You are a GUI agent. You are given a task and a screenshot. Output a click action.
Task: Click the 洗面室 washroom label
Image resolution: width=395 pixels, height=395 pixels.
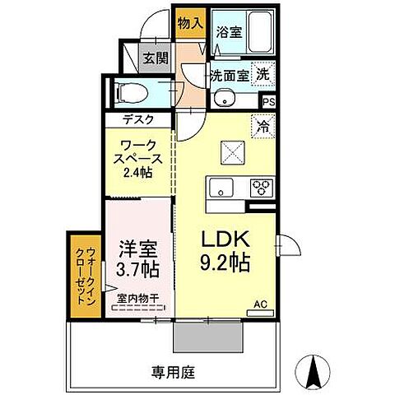pyautogui.click(x=228, y=75)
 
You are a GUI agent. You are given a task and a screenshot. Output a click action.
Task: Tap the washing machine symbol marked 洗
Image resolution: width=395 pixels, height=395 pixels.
pyautogui.click(x=263, y=73)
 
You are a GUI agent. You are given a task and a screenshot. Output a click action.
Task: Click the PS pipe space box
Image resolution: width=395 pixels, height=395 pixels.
pyautogui.click(x=269, y=101)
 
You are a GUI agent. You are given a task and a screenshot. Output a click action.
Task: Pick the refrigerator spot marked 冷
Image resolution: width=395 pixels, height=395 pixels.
pyautogui.click(x=262, y=126)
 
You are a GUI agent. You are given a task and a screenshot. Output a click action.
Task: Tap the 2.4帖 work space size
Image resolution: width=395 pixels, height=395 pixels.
pyautogui.click(x=138, y=172)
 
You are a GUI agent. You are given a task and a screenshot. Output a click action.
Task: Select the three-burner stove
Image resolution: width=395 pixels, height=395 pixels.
pyautogui.click(x=263, y=187)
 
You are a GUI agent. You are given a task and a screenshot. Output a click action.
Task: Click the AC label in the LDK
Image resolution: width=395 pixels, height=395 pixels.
pyautogui.click(x=260, y=304)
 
